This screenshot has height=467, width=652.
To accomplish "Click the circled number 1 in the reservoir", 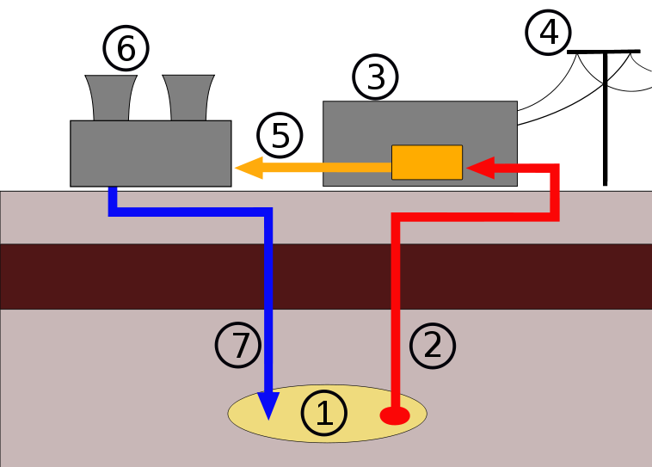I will (x=323, y=414).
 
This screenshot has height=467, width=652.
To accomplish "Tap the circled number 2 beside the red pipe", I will (x=432, y=346).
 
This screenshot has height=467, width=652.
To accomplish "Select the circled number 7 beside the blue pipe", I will (x=237, y=346).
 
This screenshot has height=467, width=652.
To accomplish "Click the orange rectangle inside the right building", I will (x=427, y=163).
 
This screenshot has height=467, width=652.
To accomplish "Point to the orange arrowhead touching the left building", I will (x=246, y=168).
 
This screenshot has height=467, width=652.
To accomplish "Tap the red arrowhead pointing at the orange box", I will (x=478, y=168).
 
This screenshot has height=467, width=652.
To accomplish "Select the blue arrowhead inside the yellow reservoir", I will (x=268, y=404).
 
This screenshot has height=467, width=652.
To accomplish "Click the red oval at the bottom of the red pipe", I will (x=395, y=416).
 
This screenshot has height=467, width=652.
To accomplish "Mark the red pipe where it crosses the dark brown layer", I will (x=397, y=276).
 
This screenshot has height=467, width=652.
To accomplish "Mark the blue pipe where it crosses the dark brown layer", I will (x=268, y=276).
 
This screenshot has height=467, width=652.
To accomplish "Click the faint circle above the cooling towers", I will (x=126, y=47).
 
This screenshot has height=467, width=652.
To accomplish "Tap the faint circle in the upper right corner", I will (x=547, y=33).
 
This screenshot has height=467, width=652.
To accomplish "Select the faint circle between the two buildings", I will (x=280, y=135).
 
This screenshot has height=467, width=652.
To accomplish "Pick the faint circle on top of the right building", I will (x=375, y=77).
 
